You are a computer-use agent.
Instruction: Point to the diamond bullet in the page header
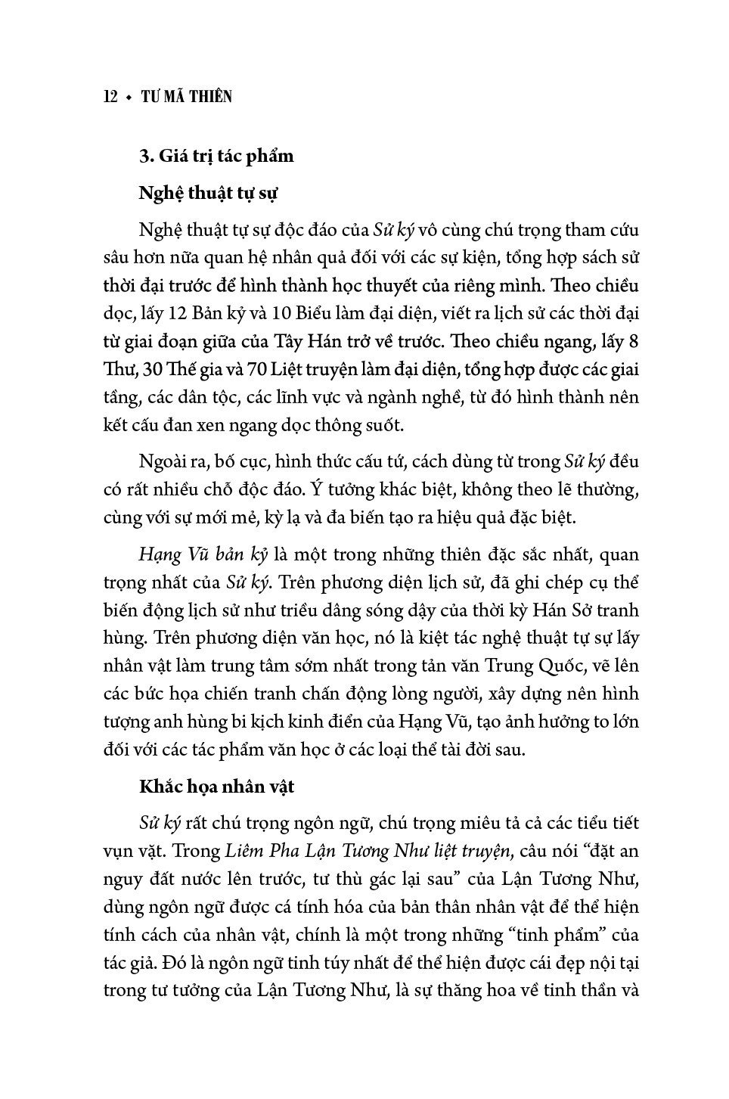coord(129,98)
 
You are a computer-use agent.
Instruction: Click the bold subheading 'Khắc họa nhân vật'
coord(216,787)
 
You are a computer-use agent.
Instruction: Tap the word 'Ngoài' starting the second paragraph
coord(161,461)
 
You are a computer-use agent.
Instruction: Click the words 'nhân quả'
coord(318,257)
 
